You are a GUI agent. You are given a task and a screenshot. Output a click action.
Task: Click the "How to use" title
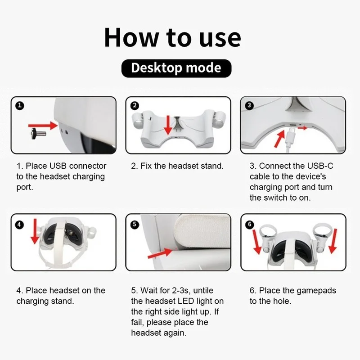click(x=172, y=37)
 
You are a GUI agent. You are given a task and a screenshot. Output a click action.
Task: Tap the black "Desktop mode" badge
click(x=176, y=68)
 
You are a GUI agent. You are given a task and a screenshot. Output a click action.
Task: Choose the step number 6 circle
click(x=251, y=224)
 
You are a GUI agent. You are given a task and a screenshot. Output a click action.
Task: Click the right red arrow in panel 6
click(x=334, y=243)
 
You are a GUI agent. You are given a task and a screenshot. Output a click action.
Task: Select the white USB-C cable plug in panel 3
click(x=291, y=134)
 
